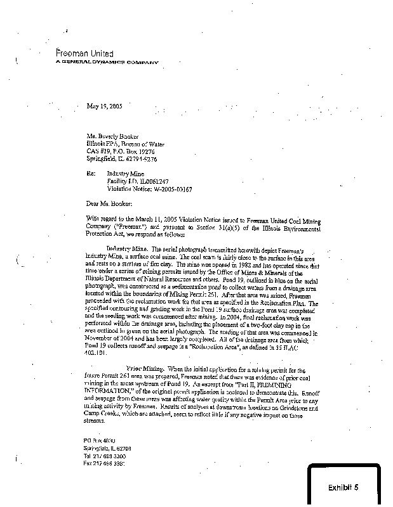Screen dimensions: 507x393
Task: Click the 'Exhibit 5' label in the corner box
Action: pos(343,487)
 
